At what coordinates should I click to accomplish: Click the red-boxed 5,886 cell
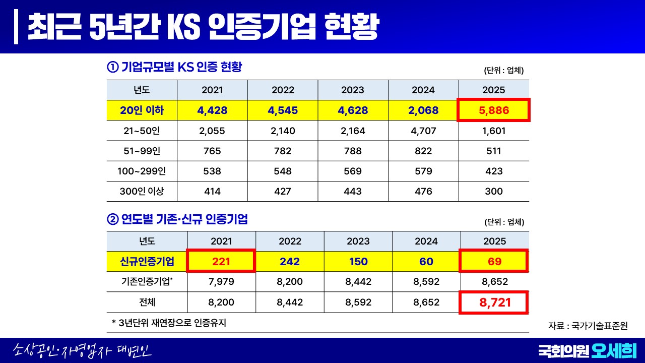(x=494, y=110)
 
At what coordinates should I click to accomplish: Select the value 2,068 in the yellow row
(x=423, y=110)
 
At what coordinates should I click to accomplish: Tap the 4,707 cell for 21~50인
(x=423, y=131)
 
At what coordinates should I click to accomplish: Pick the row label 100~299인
(x=142, y=171)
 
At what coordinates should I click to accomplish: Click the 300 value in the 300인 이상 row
(x=494, y=191)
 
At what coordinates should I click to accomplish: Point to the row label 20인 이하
(x=142, y=110)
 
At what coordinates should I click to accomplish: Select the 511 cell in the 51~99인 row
(x=494, y=151)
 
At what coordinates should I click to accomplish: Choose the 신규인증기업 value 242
(x=290, y=262)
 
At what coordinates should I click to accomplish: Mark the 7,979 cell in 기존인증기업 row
(x=221, y=281)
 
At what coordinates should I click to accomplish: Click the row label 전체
(x=147, y=302)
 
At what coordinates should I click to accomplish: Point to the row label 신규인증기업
(x=147, y=262)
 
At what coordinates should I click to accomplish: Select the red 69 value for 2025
(x=495, y=262)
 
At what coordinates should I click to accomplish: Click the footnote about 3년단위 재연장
(x=169, y=323)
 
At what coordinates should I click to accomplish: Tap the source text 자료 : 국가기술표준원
(x=588, y=326)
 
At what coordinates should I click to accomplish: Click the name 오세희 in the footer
(x=614, y=350)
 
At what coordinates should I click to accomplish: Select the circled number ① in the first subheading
(x=112, y=67)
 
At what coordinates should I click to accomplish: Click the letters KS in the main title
(x=183, y=27)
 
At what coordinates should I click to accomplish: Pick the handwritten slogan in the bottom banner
(x=82, y=350)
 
